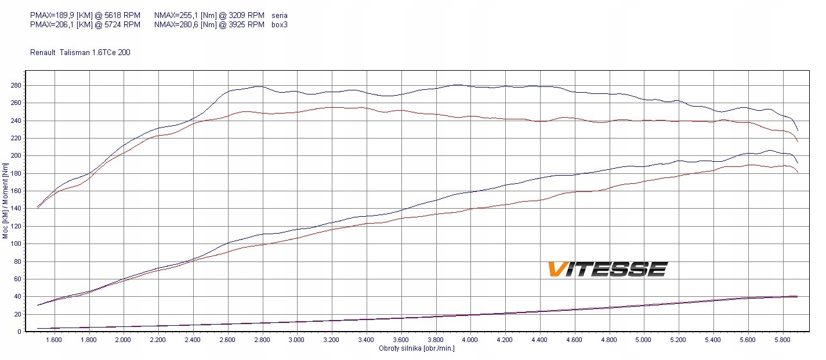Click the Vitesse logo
pyautogui.click(x=607, y=269)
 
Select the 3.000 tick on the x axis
pyautogui.click(x=297, y=340)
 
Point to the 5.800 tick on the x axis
pyautogui.click(x=782, y=340)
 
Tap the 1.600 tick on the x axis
pyautogui.click(x=54, y=340)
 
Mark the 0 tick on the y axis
pyautogui.click(x=20, y=332)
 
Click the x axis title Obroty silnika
pyautogui.click(x=416, y=348)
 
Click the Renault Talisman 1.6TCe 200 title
pyautogui.click(x=80, y=52)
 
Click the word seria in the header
pyautogui.click(x=279, y=15)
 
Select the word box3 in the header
pyautogui.click(x=279, y=24)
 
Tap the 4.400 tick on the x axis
pyautogui.click(x=539, y=340)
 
